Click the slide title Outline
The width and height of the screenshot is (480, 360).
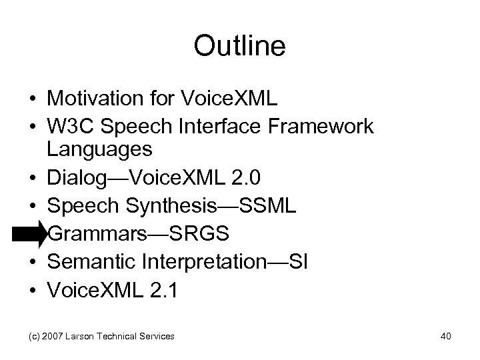point(239,46)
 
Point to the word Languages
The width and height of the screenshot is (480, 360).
point(99,148)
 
